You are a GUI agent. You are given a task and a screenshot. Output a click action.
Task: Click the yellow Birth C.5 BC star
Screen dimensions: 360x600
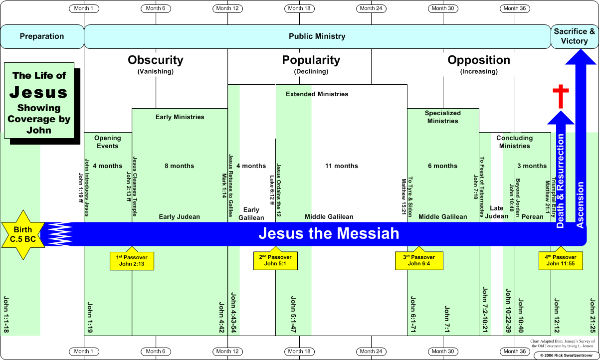[x=23, y=234]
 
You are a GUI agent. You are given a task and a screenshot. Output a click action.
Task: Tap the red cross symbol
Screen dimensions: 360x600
[x=561, y=97]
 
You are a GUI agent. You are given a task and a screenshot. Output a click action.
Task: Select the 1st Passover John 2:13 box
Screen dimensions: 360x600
[x=132, y=260]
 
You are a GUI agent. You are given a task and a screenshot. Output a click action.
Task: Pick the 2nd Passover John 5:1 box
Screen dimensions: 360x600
[x=275, y=260]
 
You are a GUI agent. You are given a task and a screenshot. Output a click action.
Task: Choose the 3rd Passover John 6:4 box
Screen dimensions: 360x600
[x=419, y=260]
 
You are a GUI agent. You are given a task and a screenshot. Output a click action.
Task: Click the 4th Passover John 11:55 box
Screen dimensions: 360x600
[x=561, y=260]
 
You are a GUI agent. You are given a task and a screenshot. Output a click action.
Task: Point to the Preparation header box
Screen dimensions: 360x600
[x=42, y=36]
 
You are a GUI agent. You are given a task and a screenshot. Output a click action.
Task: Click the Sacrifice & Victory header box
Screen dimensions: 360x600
[x=574, y=36]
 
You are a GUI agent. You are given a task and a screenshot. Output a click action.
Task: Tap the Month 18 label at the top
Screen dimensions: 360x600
[x=300, y=8]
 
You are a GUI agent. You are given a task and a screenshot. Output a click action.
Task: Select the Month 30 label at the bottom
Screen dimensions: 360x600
[x=443, y=352]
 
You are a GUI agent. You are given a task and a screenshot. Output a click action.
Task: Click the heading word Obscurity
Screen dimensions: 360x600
[x=156, y=60]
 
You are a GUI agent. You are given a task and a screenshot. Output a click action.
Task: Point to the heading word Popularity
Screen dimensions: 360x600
[x=311, y=60]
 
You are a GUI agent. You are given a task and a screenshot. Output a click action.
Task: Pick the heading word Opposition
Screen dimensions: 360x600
[x=479, y=60]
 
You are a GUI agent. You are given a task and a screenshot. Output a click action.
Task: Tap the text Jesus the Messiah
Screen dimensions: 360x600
[x=329, y=233]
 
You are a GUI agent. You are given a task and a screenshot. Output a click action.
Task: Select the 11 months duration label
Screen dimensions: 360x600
[x=342, y=166]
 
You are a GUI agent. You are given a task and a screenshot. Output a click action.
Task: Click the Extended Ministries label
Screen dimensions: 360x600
[x=317, y=94]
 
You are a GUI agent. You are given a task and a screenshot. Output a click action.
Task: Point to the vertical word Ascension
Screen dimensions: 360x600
[x=580, y=205]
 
